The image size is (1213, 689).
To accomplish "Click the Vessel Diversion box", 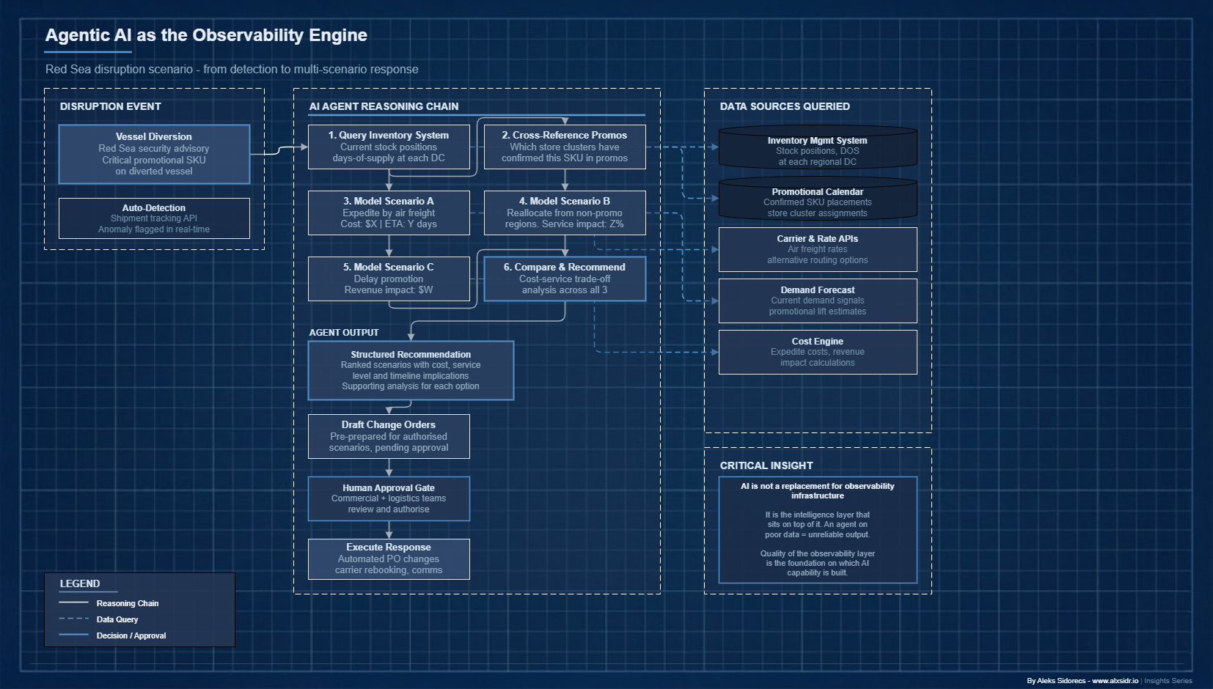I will coord(154,154).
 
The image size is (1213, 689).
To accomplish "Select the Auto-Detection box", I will coord(154,218).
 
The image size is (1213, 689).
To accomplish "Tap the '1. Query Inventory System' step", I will coord(389,147).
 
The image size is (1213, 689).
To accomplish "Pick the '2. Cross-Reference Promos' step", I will coord(565,147).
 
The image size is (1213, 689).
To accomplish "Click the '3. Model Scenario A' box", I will coord(389,213).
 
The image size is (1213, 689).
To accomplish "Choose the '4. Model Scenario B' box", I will coord(565,213).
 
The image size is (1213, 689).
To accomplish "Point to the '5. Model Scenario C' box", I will coord(389,279).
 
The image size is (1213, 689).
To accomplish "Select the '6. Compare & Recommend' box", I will coord(565,279).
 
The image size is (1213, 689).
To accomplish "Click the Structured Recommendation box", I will coord(411,370).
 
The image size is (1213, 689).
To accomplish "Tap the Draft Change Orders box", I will coord(389,436).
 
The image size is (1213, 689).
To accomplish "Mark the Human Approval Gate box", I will coord(389,498).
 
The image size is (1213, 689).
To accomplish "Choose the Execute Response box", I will coord(389,559).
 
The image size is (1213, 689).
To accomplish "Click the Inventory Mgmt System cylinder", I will coord(818,150).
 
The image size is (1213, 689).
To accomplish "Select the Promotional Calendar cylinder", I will coord(818,202).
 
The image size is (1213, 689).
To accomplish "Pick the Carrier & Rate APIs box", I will coord(818,249).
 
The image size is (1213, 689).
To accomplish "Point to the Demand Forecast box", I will coord(818,301).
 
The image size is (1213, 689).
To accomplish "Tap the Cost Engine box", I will coord(818,352).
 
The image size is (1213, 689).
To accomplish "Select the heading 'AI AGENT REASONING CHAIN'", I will coord(384,106).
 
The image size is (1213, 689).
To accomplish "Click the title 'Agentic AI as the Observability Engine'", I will coord(206,35).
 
